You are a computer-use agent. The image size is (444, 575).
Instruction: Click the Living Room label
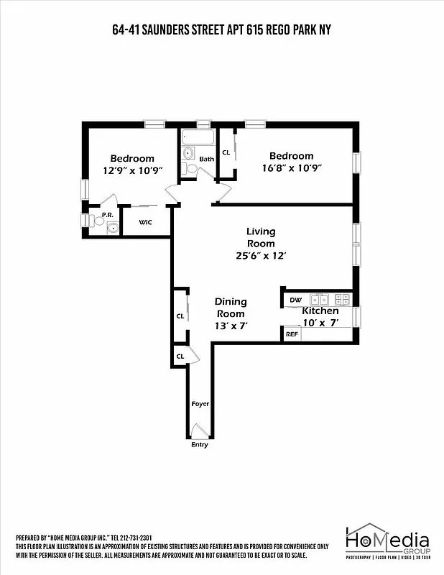click(261, 237)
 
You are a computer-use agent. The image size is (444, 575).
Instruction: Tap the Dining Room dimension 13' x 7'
click(231, 326)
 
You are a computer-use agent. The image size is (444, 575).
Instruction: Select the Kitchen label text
click(320, 310)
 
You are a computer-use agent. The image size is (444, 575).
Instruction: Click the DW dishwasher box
click(295, 300)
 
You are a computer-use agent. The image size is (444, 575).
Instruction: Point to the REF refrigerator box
click(292, 334)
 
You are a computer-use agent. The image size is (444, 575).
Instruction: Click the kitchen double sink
click(320, 299)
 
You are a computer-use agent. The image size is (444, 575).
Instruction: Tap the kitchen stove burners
click(343, 299)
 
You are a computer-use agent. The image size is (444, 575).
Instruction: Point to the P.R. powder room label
click(107, 214)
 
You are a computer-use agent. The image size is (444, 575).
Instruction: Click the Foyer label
click(200, 404)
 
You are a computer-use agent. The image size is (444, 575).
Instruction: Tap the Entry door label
click(199, 445)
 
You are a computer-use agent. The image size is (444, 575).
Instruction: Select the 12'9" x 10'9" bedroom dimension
click(132, 170)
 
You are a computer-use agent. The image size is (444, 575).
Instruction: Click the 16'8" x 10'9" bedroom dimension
click(291, 168)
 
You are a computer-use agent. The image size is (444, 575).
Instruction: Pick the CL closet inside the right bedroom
click(226, 152)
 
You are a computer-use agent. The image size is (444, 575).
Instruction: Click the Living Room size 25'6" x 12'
click(261, 256)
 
